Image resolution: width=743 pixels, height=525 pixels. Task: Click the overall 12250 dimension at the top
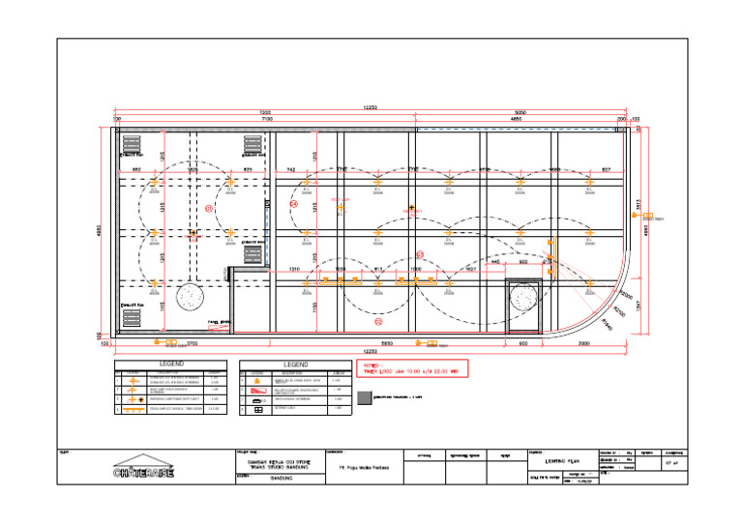coord(370,106)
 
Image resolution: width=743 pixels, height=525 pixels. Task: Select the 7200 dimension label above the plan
coord(264,112)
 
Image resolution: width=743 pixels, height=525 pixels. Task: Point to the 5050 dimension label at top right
coord(520,112)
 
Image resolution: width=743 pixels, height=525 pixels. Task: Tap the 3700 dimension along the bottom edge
coord(193,343)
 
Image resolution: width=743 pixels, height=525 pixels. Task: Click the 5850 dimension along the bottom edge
coord(385,343)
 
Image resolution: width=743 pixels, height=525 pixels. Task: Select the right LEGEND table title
coord(295,365)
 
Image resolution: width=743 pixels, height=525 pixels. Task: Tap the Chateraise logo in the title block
coord(143,469)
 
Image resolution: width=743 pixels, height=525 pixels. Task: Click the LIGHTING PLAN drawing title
coord(560,462)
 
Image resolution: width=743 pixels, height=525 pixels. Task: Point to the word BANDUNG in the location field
coord(281,478)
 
